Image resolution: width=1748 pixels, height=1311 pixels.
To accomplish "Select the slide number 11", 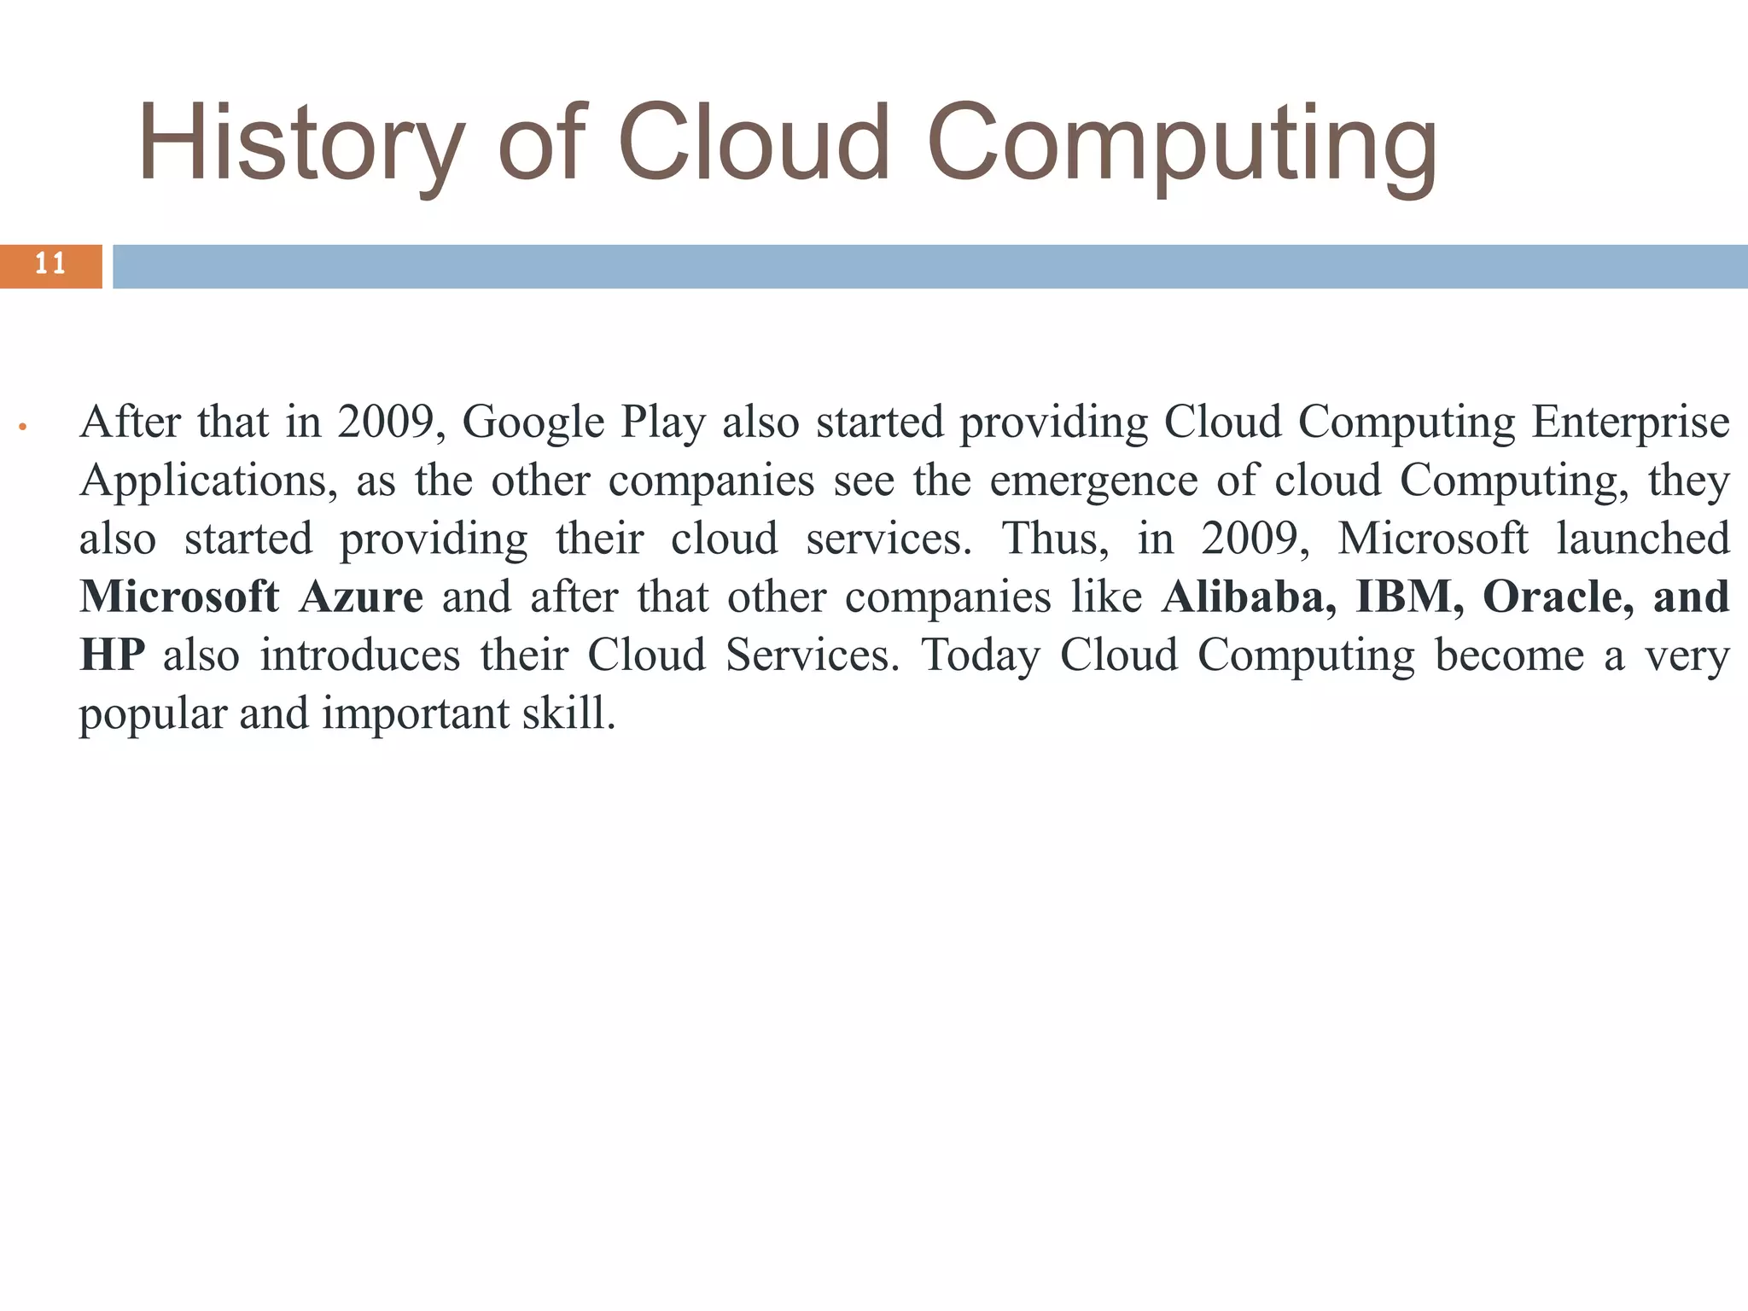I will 50,265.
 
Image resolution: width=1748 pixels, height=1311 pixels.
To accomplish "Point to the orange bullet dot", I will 24,426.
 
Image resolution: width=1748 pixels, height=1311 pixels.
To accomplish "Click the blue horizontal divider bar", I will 929,266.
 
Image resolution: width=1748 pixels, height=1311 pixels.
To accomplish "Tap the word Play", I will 663,422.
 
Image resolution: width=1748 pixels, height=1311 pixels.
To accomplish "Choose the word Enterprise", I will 1630,422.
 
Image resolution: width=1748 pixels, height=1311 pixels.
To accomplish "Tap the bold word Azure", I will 361,597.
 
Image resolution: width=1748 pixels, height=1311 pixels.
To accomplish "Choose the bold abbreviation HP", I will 112,655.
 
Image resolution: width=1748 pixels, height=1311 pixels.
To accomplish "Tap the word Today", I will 981,655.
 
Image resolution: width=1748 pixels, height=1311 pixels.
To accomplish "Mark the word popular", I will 152,714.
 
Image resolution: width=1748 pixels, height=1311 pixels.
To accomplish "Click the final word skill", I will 568,714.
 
